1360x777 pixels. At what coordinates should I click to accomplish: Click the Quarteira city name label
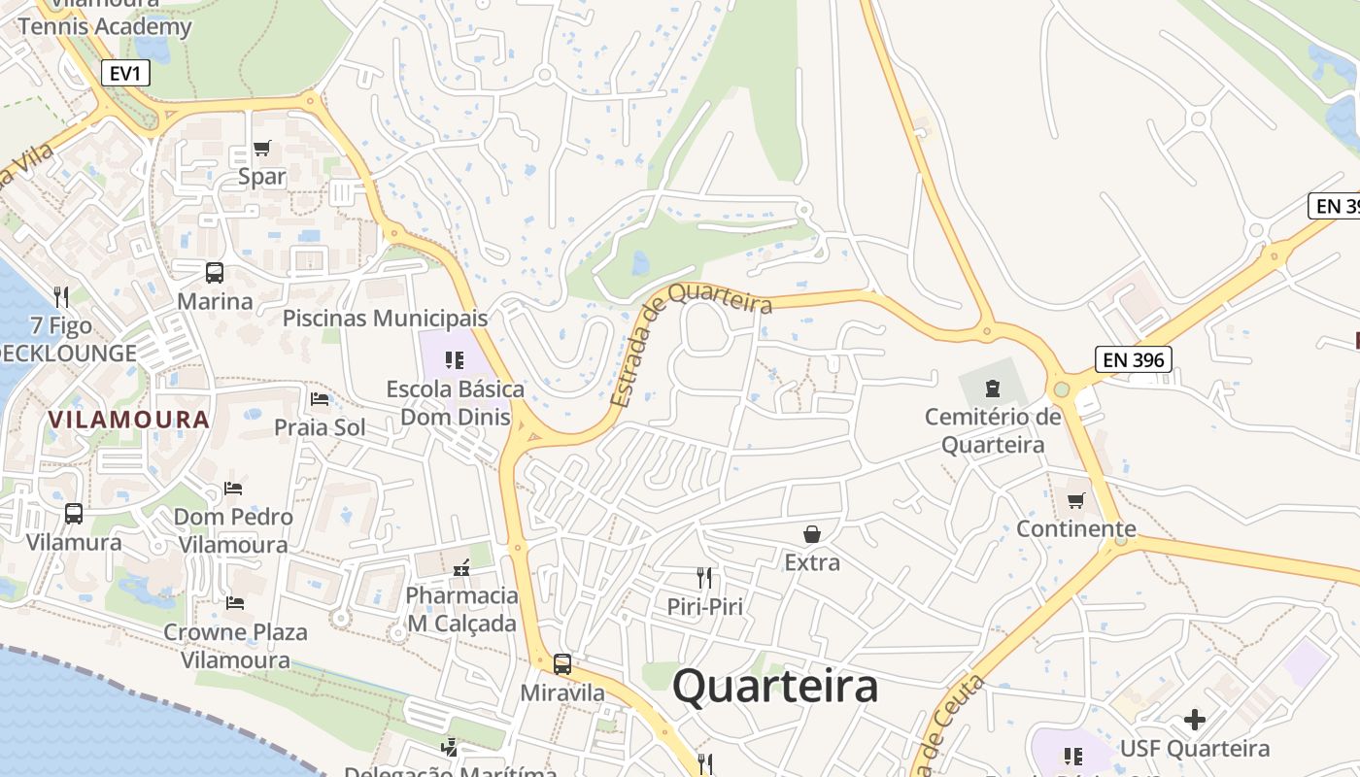775,687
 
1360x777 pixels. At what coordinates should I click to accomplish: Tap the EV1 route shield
124,73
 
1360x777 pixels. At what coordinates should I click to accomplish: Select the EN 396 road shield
1133,360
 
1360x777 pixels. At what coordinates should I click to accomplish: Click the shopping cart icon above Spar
261,149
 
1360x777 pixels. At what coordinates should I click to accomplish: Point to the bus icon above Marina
215,273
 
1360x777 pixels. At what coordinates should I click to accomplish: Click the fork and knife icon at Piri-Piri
704,578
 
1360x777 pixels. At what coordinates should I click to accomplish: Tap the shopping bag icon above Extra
811,534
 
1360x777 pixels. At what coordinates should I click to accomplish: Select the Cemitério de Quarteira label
993,431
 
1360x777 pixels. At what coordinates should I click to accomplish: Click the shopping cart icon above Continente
1075,501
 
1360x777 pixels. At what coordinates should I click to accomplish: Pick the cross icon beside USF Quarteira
1195,720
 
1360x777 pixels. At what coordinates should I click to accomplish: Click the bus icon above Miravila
562,664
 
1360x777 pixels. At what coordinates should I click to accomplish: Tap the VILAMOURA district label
129,420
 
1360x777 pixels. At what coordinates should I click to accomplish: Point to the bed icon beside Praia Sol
320,398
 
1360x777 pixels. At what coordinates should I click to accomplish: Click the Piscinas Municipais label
385,318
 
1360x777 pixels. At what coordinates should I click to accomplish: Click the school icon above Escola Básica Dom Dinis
455,360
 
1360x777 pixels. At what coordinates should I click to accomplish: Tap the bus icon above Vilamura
74,514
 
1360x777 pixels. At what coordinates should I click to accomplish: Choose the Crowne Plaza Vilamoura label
235,646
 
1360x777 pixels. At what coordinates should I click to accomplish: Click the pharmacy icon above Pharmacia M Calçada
461,566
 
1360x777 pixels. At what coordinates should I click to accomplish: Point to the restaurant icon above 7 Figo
60,295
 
